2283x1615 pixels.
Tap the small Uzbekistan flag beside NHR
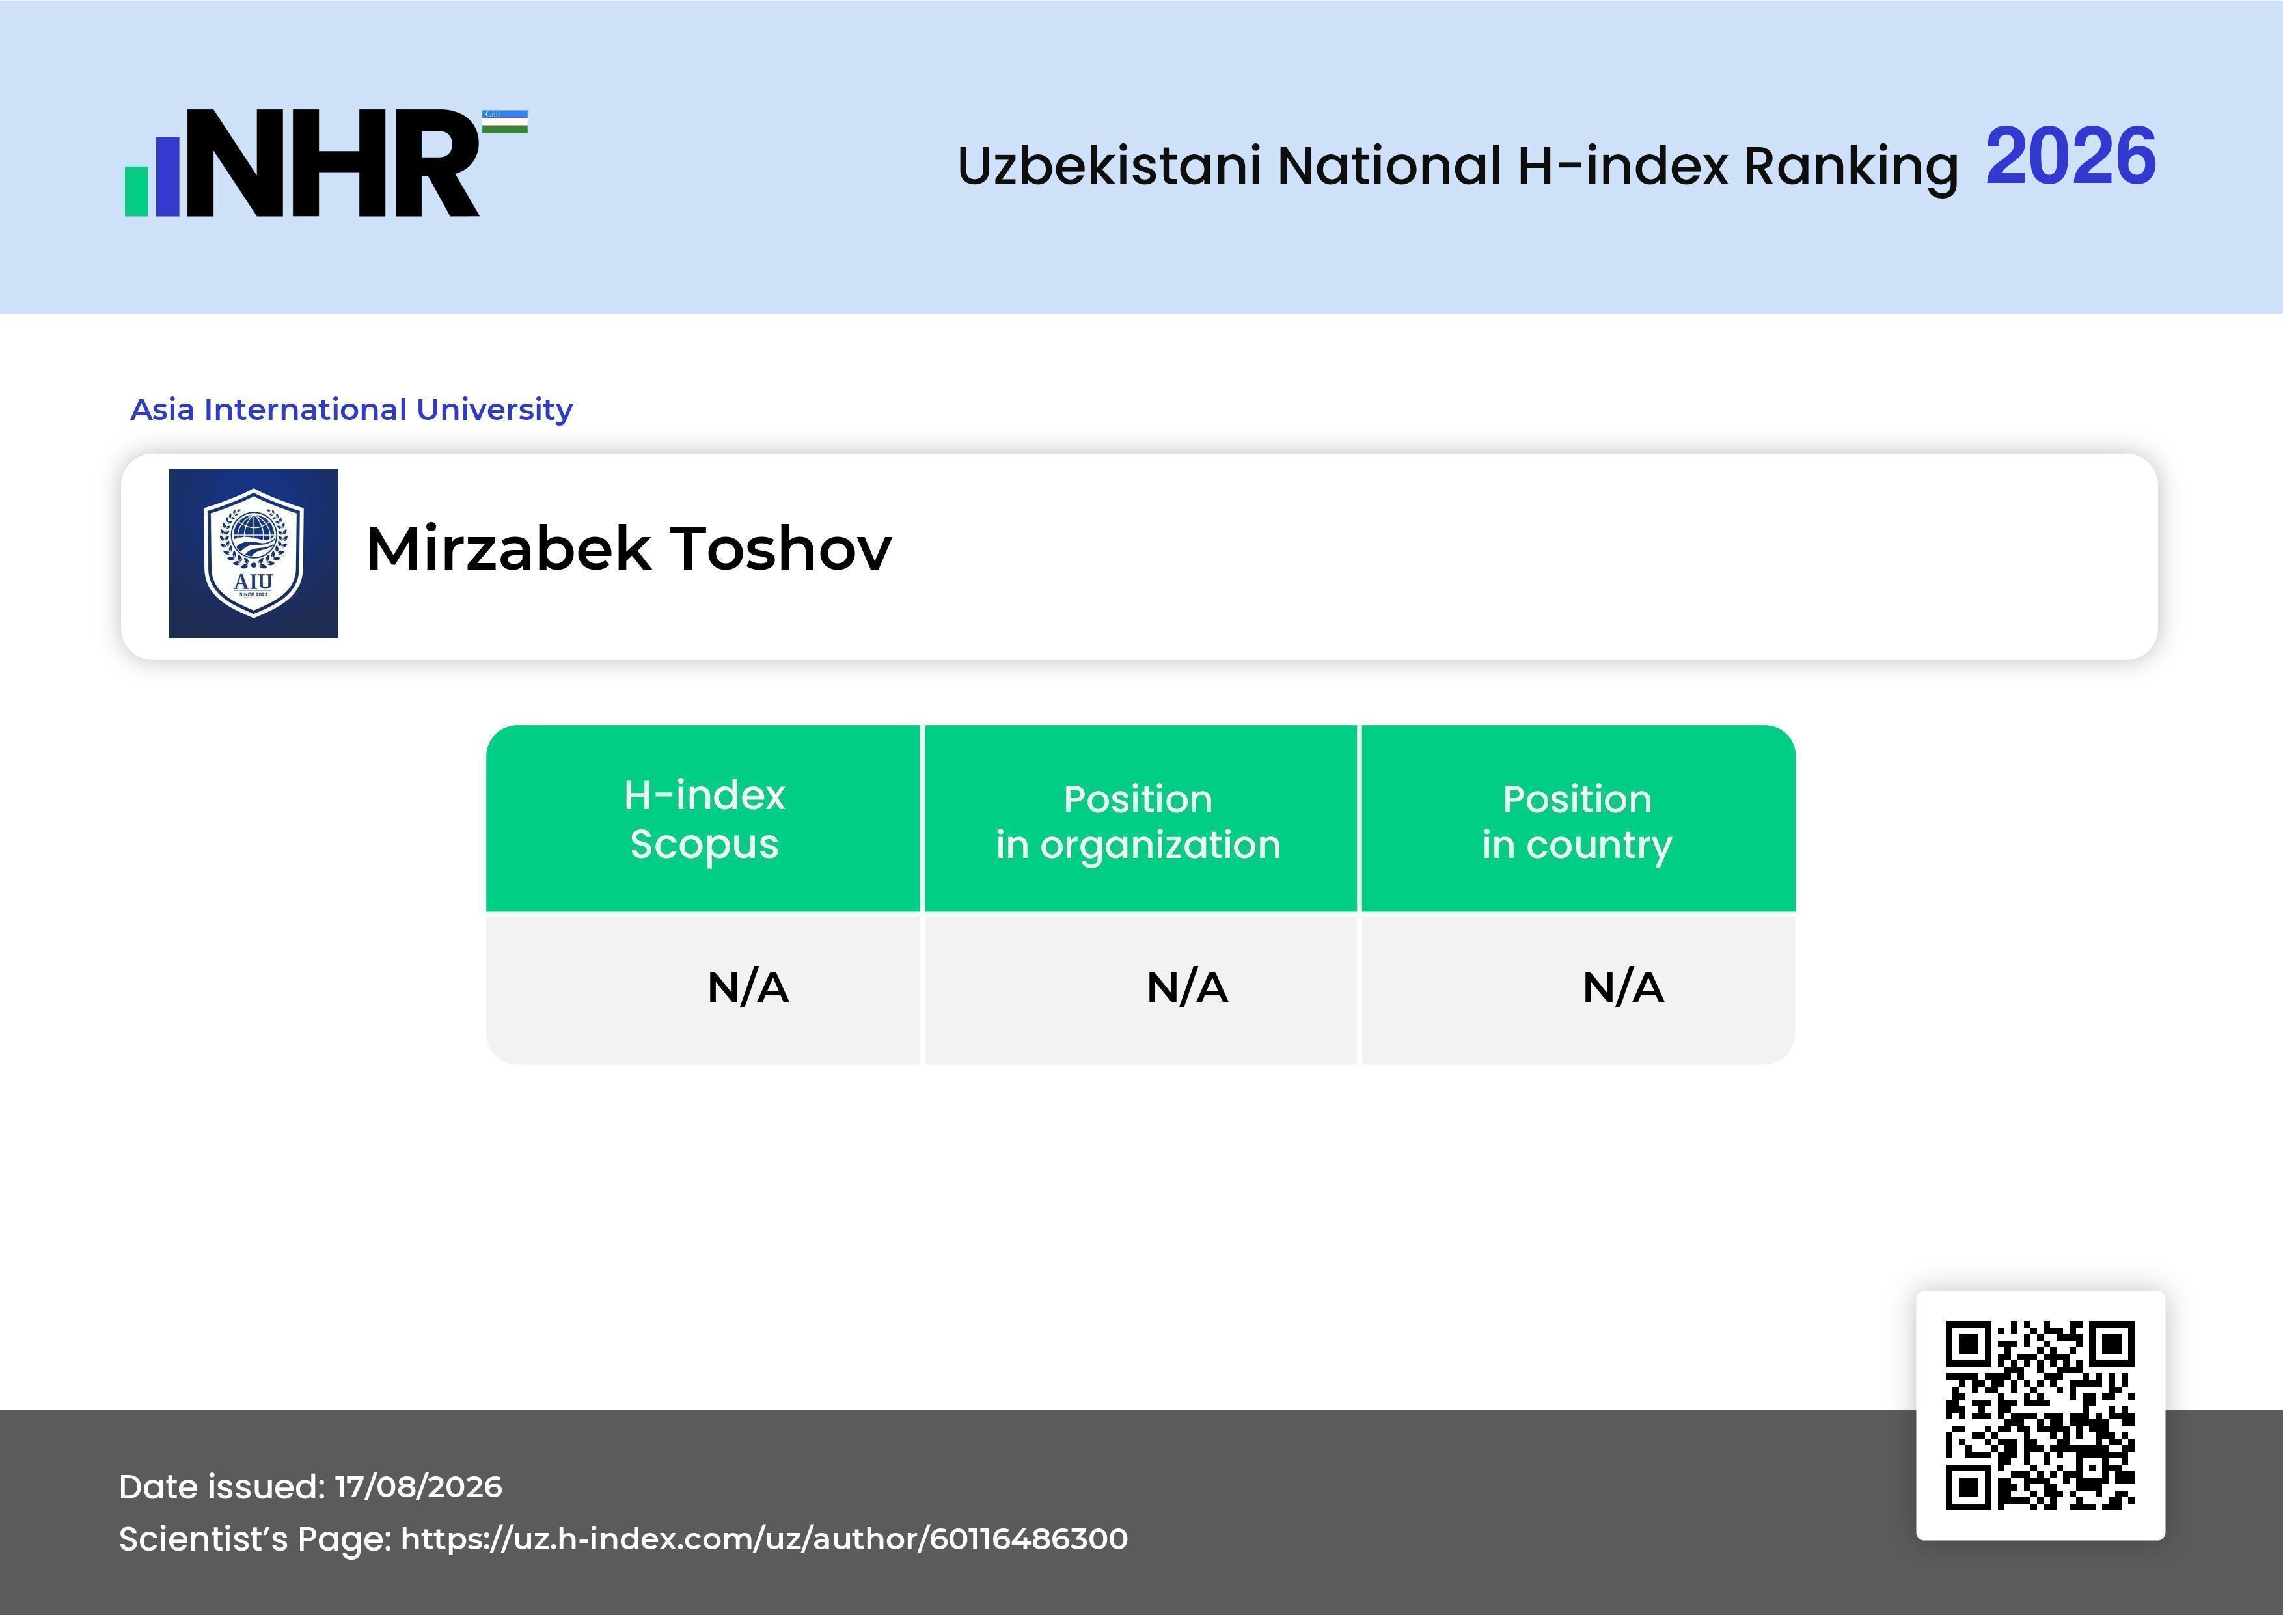tap(505, 121)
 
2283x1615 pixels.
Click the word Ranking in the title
tap(1850, 167)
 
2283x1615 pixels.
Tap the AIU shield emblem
tap(254, 553)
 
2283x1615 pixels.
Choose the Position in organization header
tap(1138, 821)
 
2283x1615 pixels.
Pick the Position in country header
tap(1577, 821)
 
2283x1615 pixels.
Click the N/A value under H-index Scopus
tap(748, 987)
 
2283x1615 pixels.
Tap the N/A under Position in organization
tap(1187, 987)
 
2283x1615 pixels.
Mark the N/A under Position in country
tap(1622, 987)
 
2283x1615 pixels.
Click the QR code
tap(2040, 1415)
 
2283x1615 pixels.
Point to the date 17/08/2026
tap(418, 1487)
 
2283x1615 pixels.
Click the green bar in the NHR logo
tap(136, 190)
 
